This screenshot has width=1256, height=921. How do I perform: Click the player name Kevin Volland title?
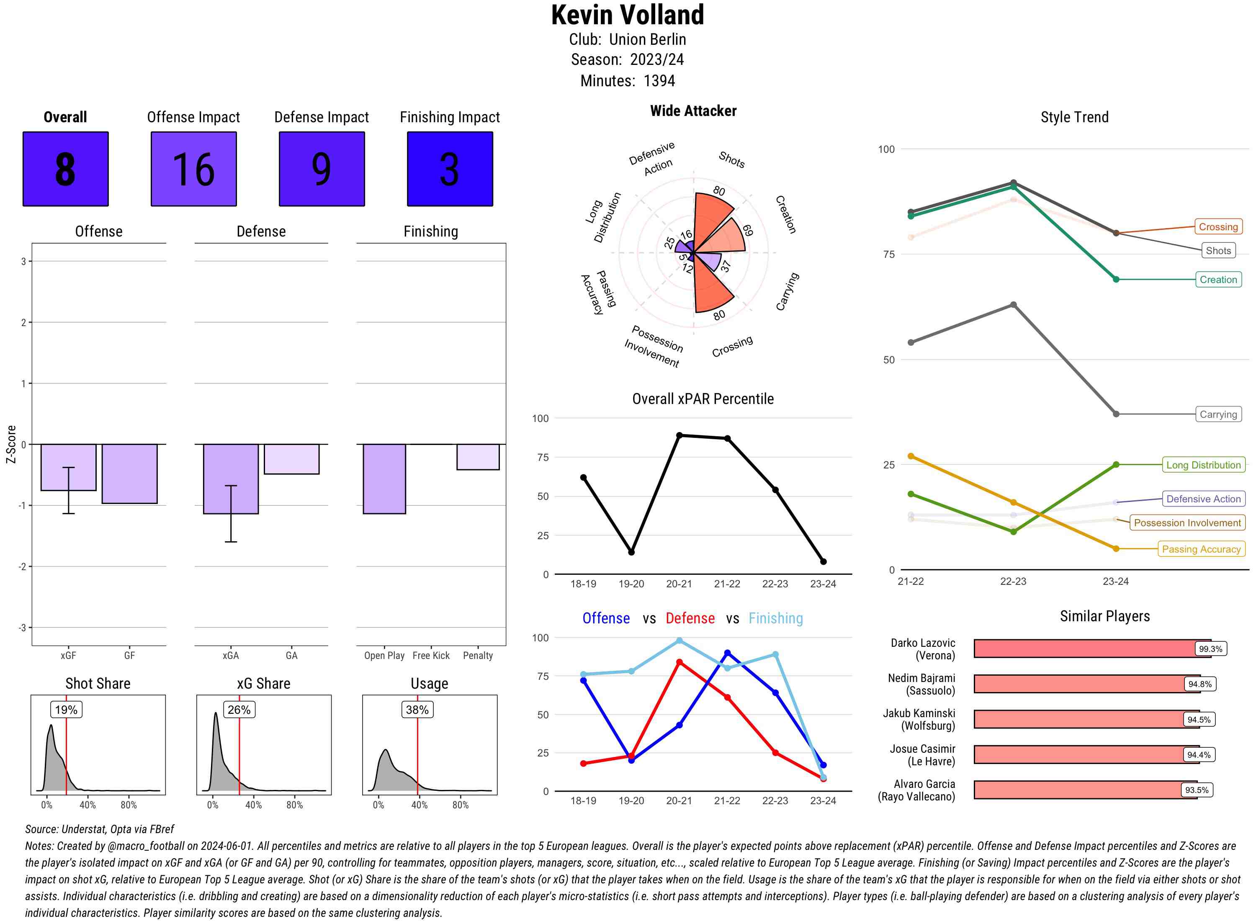click(627, 15)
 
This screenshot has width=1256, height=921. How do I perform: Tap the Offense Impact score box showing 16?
click(193, 169)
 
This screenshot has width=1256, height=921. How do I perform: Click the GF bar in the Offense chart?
click(129, 474)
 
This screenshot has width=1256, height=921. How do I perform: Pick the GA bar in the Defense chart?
click(291, 459)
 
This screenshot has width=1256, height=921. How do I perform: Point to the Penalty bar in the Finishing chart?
click(478, 457)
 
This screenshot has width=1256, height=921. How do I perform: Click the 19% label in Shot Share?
click(66, 710)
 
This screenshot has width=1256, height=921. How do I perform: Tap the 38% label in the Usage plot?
click(417, 710)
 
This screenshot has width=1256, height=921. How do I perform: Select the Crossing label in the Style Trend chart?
click(1217, 227)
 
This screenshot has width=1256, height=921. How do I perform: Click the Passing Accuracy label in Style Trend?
click(1201, 549)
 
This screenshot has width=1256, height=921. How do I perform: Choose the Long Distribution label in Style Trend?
click(1203, 465)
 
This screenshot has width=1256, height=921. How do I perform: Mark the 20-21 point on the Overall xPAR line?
click(679, 435)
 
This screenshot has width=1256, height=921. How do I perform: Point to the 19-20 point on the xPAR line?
click(631, 552)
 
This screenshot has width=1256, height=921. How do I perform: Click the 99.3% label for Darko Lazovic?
click(1210, 649)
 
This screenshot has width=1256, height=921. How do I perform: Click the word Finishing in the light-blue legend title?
click(775, 618)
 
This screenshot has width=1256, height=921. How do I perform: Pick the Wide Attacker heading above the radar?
click(693, 111)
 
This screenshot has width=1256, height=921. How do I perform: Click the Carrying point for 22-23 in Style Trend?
click(1013, 305)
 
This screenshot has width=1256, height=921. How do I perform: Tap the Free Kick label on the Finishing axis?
click(431, 656)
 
